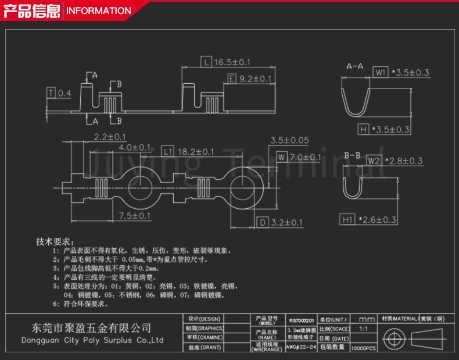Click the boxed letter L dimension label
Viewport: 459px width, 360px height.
point(207,62)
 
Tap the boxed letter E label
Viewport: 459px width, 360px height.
point(231,79)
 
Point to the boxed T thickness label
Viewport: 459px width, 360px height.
point(51,93)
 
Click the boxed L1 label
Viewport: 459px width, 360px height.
point(167,151)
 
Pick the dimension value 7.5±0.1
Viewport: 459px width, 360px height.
point(135,216)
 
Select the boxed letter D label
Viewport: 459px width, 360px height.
point(263,222)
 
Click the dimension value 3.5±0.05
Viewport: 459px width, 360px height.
point(289,140)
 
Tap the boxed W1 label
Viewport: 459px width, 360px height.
point(381,72)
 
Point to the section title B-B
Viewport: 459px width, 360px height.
point(353,156)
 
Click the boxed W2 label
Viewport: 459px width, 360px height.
point(374,161)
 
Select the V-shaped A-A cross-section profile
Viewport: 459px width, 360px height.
point(355,98)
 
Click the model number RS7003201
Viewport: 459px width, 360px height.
point(302,320)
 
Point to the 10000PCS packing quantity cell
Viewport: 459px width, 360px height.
point(363,347)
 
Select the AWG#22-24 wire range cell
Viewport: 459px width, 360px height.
point(302,347)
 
